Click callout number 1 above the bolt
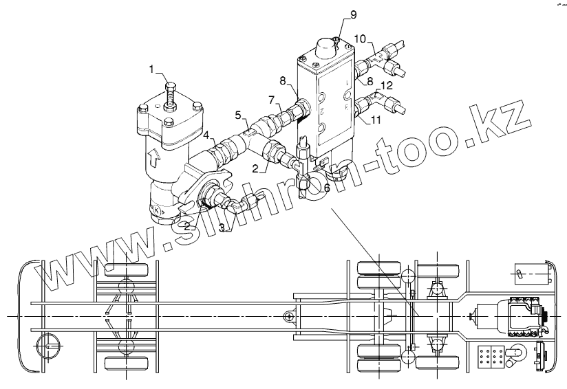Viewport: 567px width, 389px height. click(x=152, y=69)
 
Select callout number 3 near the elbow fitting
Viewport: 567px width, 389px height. click(x=222, y=227)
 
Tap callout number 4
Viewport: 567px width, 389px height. click(x=206, y=135)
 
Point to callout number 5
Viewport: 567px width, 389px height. click(x=238, y=115)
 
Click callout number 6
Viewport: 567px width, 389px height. click(x=327, y=188)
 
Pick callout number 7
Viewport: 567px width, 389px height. click(x=272, y=100)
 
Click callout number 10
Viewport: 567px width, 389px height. click(x=360, y=38)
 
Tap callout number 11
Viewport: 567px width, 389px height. click(x=376, y=120)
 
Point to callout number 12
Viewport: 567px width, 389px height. click(x=387, y=86)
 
